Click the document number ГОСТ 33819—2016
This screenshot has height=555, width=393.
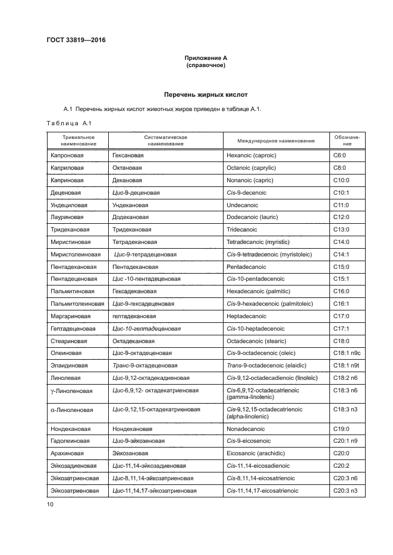(73, 40)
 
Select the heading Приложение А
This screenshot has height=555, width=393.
(205, 58)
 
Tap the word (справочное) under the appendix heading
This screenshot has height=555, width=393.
(205, 65)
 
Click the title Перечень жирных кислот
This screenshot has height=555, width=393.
(205, 94)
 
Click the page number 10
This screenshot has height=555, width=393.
(50, 504)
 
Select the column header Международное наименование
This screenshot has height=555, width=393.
(276, 140)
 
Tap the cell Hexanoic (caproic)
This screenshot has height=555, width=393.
(251, 155)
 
